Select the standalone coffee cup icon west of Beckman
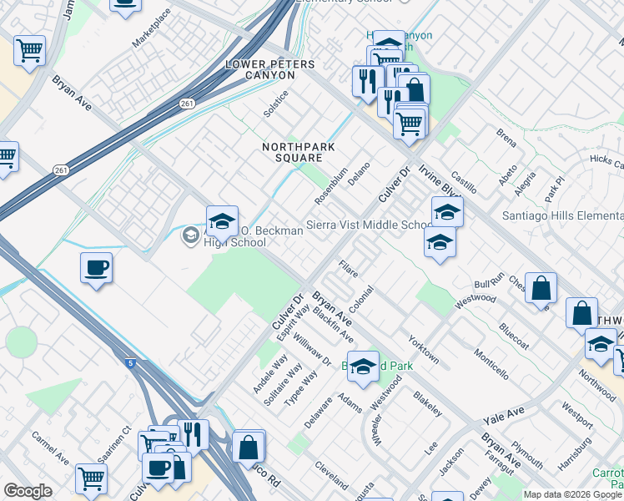(97, 268)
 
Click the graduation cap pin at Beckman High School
(222, 221)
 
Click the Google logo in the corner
(28, 491)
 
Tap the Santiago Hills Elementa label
(561, 216)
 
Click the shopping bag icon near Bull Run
(541, 288)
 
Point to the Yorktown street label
(423, 351)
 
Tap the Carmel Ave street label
(51, 448)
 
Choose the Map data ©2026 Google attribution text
(572, 494)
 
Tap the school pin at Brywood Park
(363, 367)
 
